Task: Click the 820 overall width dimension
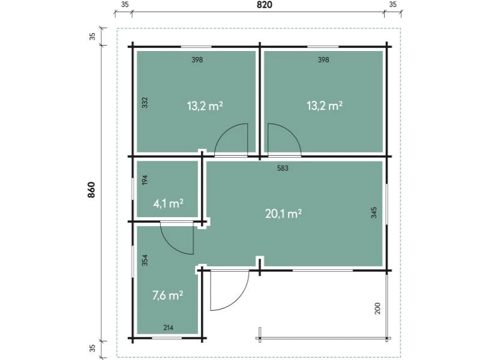pyautogui.click(x=264, y=5)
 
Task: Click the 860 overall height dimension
pyautogui.click(x=91, y=190)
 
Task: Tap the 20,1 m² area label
pyautogui.click(x=283, y=214)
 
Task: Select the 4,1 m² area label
pyautogui.click(x=168, y=203)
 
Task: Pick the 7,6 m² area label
pyautogui.click(x=168, y=295)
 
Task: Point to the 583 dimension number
pyautogui.click(x=283, y=168)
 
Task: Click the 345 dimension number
pyautogui.click(x=374, y=212)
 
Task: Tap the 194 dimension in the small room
pyautogui.click(x=145, y=179)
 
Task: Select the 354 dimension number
pyautogui.click(x=145, y=260)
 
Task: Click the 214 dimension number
pyautogui.click(x=169, y=328)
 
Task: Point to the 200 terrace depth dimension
pyautogui.click(x=377, y=308)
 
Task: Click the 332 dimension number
pyautogui.click(x=145, y=103)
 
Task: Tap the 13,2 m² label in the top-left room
pyautogui.click(x=205, y=106)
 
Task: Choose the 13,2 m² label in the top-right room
pyautogui.click(x=325, y=106)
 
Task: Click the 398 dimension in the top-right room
pyautogui.click(x=323, y=59)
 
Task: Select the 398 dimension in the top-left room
pyautogui.click(x=197, y=59)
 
